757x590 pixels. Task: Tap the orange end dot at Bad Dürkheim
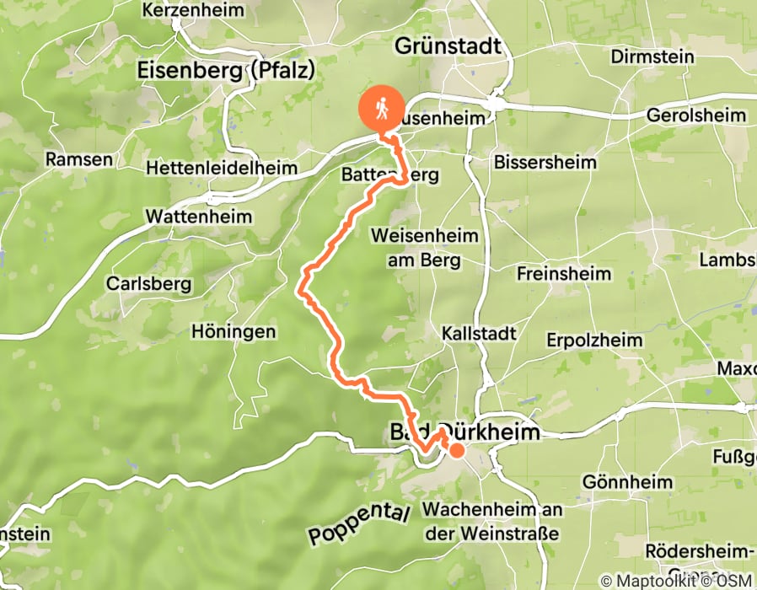[457, 450]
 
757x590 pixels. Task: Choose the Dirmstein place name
[654, 57]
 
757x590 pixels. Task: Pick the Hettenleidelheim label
[222, 169]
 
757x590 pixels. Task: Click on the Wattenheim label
[199, 217]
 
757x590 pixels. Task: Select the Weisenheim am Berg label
[424, 248]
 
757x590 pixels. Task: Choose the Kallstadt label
[479, 334]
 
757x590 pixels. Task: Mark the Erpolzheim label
[594, 341]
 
